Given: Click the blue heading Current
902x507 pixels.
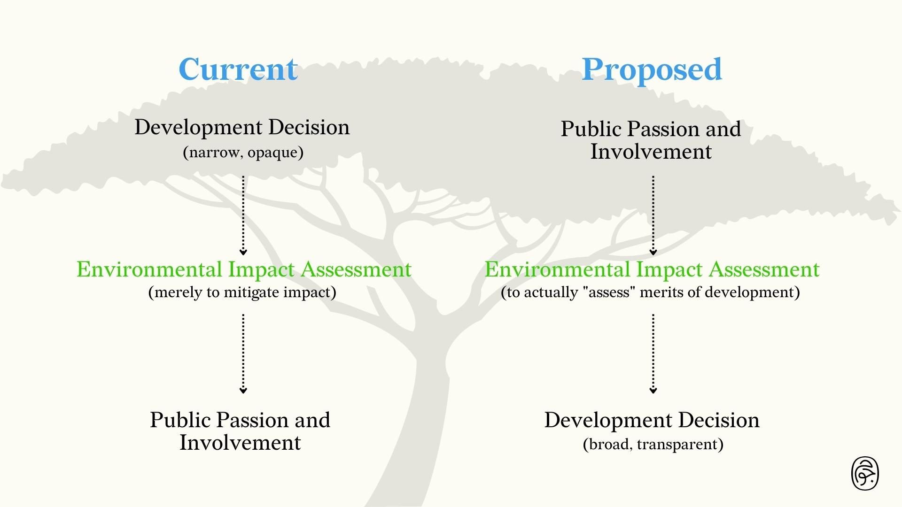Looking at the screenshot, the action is tap(238, 69).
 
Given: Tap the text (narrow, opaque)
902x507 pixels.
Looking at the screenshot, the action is tap(243, 153).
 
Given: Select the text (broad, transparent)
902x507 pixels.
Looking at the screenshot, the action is tap(653, 444).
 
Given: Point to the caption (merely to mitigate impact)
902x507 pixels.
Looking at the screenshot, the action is tap(242, 292).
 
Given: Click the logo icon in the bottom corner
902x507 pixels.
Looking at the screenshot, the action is tap(865, 473).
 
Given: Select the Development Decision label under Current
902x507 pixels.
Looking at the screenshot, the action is tap(242, 128).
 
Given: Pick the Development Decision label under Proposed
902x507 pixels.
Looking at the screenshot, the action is tap(652, 420).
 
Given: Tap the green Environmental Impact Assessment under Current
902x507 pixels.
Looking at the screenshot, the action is tap(244, 269).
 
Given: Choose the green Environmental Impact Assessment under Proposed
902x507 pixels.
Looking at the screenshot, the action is tap(652, 269).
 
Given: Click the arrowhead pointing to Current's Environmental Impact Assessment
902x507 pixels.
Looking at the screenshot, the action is tap(243, 253).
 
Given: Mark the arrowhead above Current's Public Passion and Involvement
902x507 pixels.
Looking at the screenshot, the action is tap(243, 390).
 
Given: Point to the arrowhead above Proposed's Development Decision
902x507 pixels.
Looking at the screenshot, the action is tap(653, 390).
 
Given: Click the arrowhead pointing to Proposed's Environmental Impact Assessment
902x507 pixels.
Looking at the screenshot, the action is tap(653, 253).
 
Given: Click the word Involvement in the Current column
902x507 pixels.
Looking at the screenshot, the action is tap(240, 443).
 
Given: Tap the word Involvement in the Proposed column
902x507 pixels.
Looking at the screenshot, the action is tap(651, 152).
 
